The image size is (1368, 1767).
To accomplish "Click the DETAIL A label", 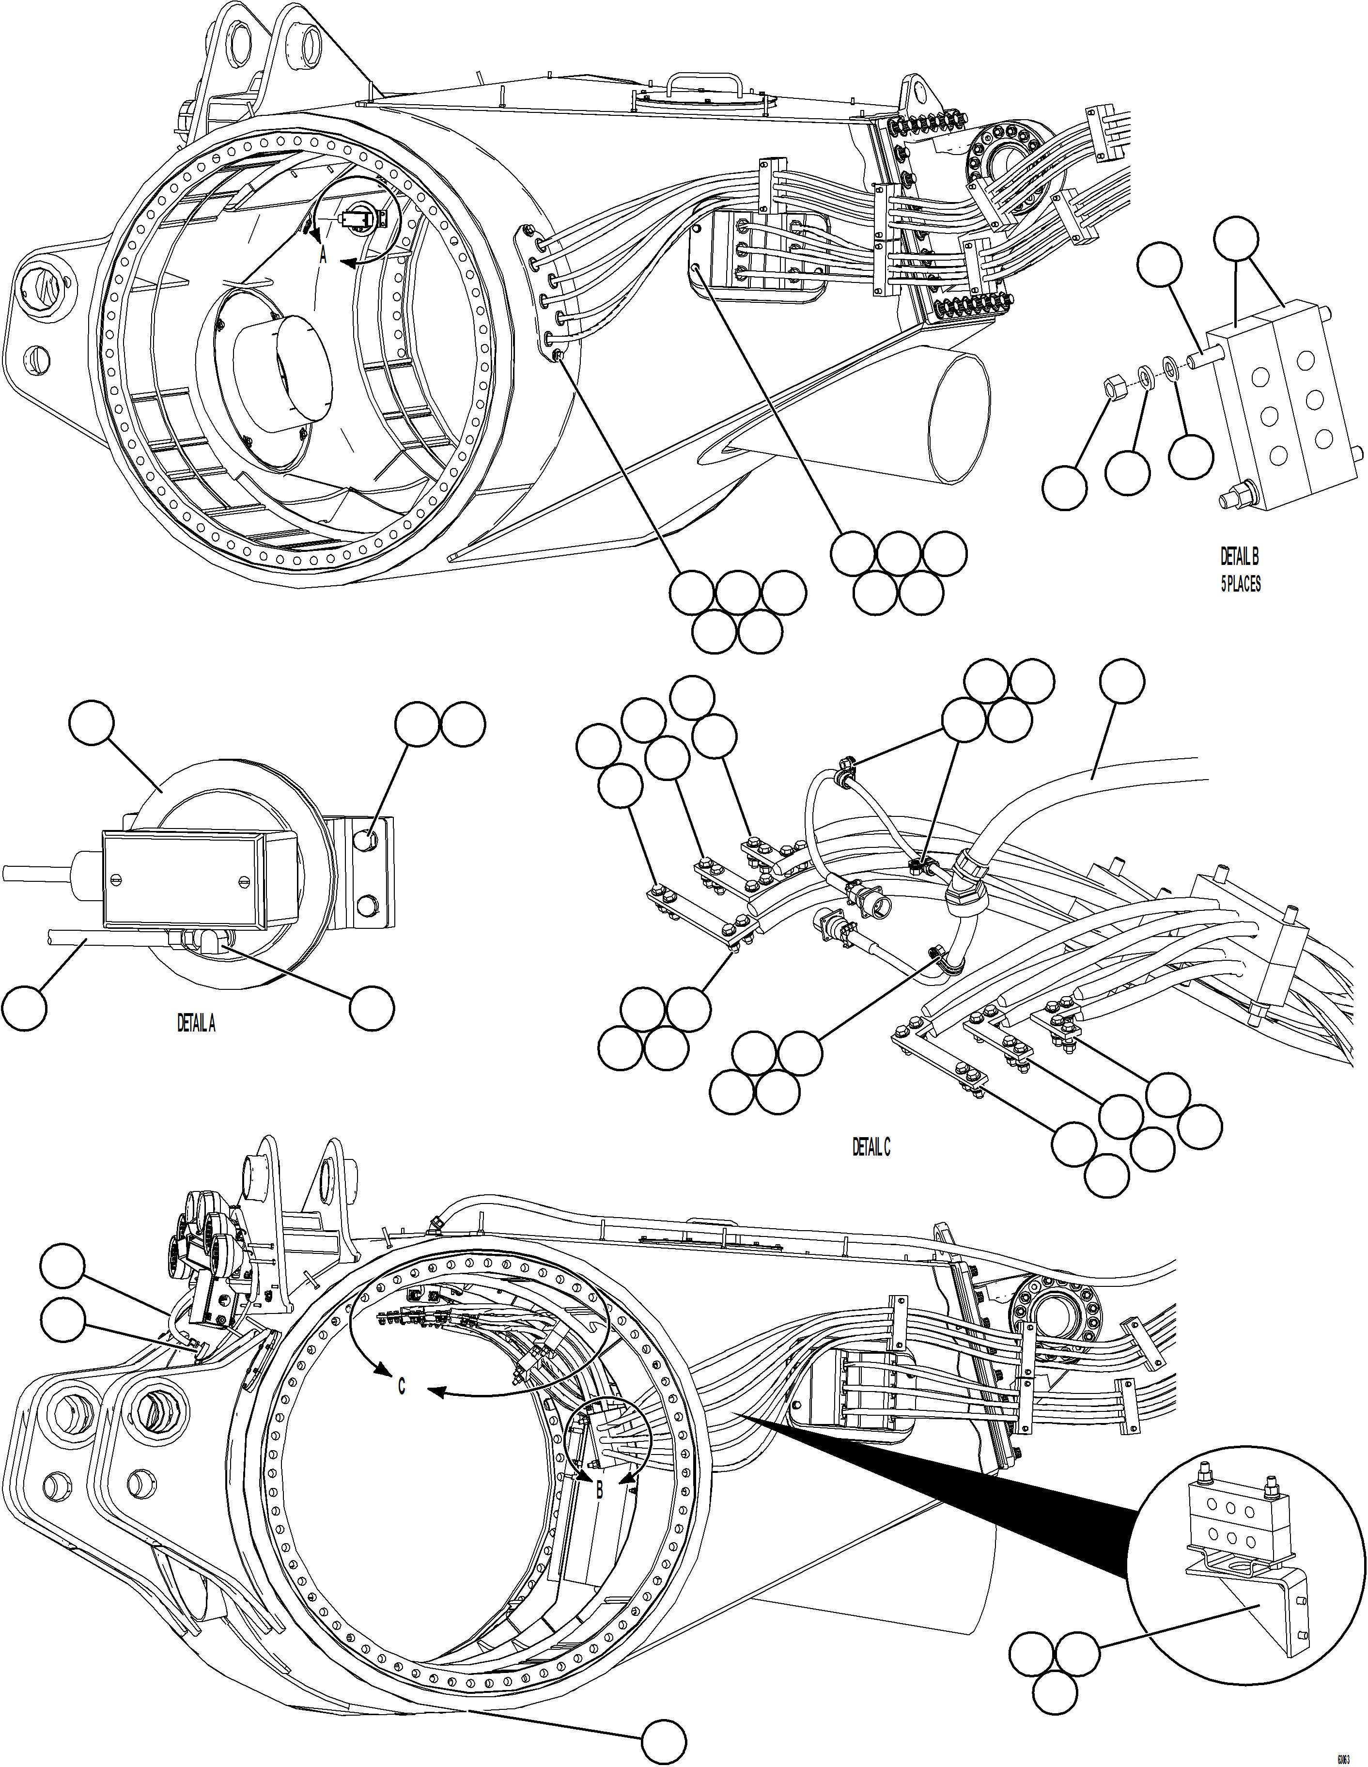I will pos(196,1023).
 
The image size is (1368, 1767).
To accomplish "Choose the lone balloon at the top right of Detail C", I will pos(1123,682).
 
